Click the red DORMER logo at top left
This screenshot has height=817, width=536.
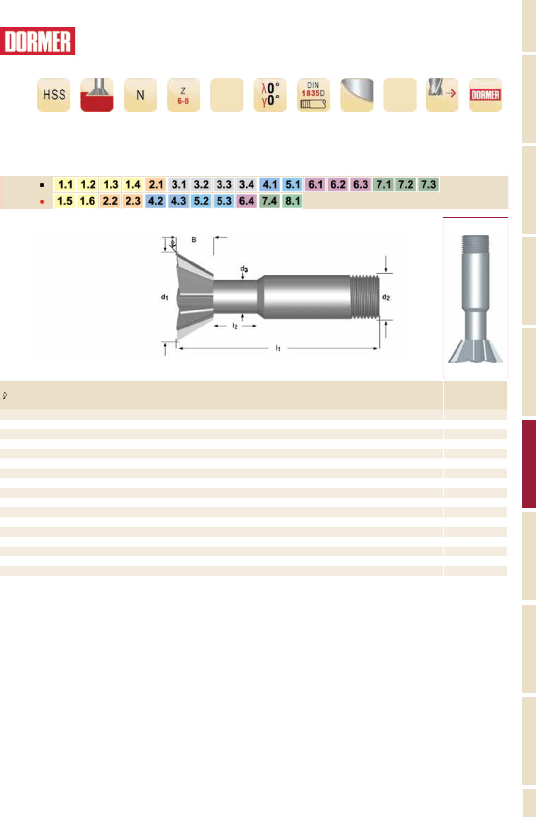point(37,41)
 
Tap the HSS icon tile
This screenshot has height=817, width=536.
point(54,95)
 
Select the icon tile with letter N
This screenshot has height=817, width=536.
point(140,95)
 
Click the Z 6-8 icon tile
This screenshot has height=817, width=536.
point(183,95)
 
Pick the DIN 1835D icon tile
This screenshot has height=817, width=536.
point(314,95)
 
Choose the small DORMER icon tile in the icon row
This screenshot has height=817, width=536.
point(485,95)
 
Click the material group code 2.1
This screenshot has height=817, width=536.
point(156,184)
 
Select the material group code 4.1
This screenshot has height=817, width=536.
point(269,184)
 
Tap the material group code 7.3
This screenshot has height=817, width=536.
point(428,184)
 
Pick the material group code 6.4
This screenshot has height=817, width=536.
point(247,201)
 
